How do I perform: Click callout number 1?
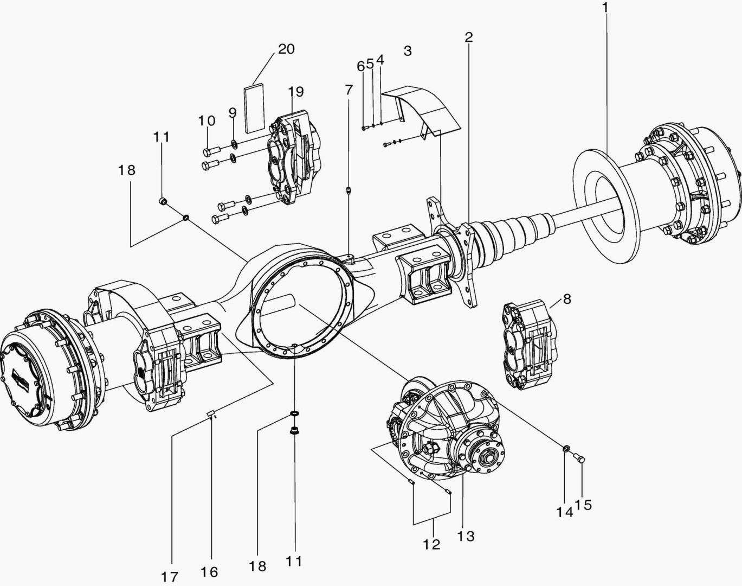point(605,8)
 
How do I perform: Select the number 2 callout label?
point(468,37)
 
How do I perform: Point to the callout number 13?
point(466,536)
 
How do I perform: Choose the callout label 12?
point(432,544)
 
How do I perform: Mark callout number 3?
point(408,51)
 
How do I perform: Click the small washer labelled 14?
point(565,448)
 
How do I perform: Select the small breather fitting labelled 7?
point(349,190)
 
